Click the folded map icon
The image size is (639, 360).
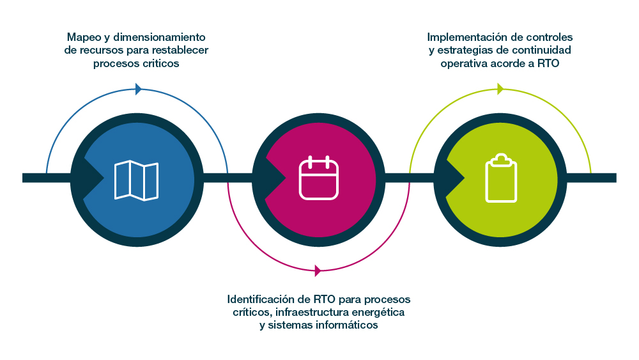pos(136,180)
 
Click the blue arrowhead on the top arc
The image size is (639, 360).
pos(139,89)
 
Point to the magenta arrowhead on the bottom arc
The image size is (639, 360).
pos(318,270)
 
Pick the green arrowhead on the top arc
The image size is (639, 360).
pos(500,89)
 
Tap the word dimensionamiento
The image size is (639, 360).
pos(160,37)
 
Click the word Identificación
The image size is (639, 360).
pos(260,299)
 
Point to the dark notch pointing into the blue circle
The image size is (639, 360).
pos(91,177)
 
